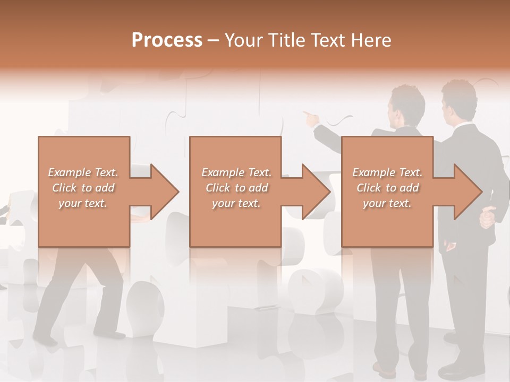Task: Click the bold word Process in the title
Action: [167, 40]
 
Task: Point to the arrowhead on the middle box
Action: [312, 192]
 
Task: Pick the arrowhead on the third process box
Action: [464, 192]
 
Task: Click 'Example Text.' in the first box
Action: [83, 172]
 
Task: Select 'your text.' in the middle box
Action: [236, 203]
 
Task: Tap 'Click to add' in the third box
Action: [388, 188]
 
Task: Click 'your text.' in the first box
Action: [83, 203]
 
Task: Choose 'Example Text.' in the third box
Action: [388, 172]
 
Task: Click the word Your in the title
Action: [242, 40]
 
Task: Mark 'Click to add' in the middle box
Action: [236, 188]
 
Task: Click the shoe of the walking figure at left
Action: [46, 340]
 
